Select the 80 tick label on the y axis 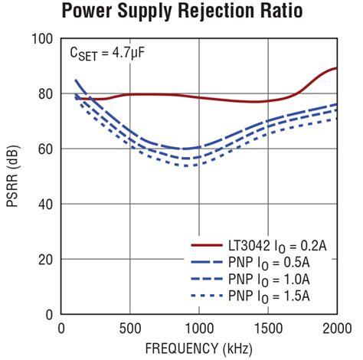tap(45, 94)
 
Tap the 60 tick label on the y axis tap(45, 149)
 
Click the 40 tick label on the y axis tap(45, 205)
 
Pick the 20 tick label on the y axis tap(45, 260)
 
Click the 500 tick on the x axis tap(130, 327)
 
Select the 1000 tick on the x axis tap(199, 327)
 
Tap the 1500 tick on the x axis tap(268, 327)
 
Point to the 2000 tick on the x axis tap(336, 327)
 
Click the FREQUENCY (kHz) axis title tap(199, 347)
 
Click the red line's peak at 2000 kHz tap(336, 69)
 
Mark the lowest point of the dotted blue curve tap(188, 165)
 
